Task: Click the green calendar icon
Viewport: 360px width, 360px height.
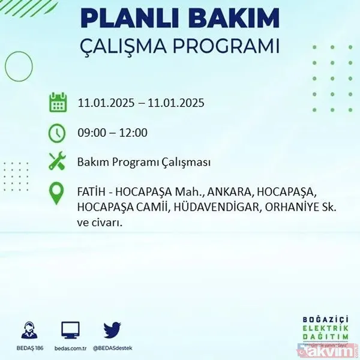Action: pos(58,103)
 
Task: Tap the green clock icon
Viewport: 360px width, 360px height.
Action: pos(58,133)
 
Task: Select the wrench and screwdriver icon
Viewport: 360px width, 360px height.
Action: pos(58,162)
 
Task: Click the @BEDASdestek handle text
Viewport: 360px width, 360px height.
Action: pos(112,348)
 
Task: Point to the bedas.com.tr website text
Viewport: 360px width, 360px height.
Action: pos(71,348)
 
